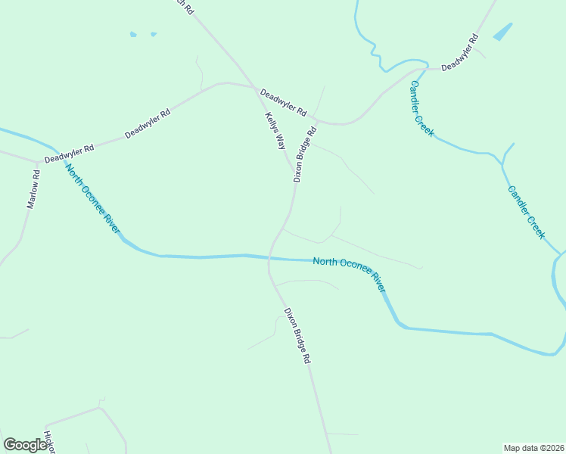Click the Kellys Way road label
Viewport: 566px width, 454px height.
click(275, 130)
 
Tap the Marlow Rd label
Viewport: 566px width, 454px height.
click(33, 189)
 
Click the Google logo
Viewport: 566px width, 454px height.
click(26, 445)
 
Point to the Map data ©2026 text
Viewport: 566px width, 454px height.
click(533, 447)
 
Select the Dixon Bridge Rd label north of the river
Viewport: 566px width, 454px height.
click(304, 154)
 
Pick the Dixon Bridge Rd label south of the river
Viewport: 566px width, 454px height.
click(297, 336)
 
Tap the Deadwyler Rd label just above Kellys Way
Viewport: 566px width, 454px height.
click(283, 103)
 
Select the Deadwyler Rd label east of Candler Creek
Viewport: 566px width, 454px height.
click(460, 52)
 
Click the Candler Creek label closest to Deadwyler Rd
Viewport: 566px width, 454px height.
click(421, 108)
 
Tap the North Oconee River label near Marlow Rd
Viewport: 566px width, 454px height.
click(93, 198)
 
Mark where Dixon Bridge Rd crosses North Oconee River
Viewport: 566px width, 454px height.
click(269, 258)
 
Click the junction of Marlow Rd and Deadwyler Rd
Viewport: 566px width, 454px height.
click(38, 162)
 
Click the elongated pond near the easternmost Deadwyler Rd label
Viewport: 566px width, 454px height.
click(502, 32)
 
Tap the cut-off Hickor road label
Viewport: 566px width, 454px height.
click(49, 442)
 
